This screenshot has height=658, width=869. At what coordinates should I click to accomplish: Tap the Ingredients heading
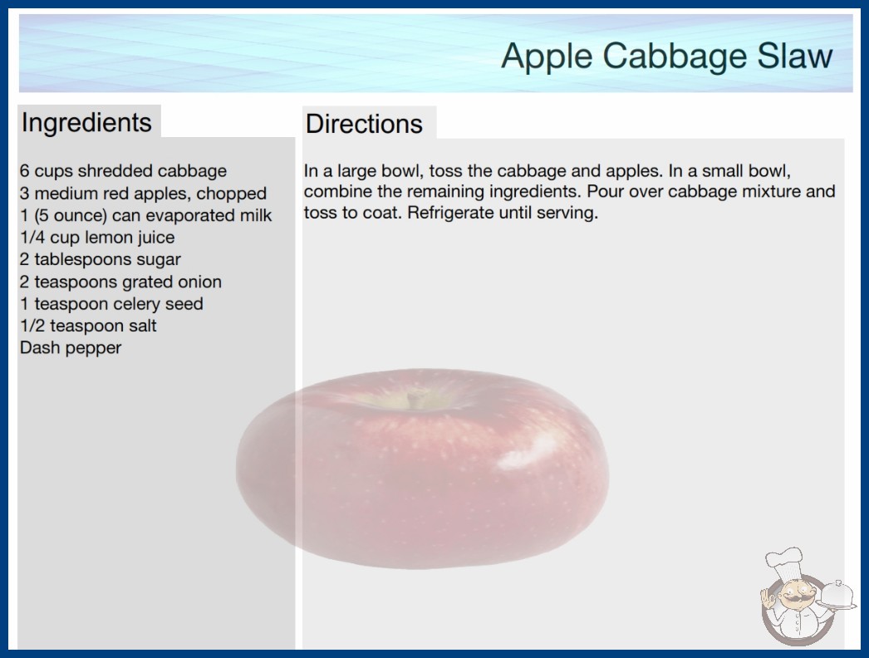(86, 123)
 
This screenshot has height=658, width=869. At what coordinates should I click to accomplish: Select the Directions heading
(364, 124)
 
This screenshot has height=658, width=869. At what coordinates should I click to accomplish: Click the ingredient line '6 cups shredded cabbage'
(123, 171)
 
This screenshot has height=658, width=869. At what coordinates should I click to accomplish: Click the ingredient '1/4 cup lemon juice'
(97, 238)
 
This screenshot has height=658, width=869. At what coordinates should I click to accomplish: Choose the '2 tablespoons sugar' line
(101, 259)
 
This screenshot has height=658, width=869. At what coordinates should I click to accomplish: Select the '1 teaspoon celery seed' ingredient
(111, 304)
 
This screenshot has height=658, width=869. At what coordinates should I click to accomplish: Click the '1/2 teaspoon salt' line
(88, 326)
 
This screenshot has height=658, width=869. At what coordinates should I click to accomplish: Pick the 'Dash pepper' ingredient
(71, 347)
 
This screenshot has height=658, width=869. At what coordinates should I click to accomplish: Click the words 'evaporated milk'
(209, 215)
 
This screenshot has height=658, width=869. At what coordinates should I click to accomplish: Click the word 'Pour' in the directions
(606, 191)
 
